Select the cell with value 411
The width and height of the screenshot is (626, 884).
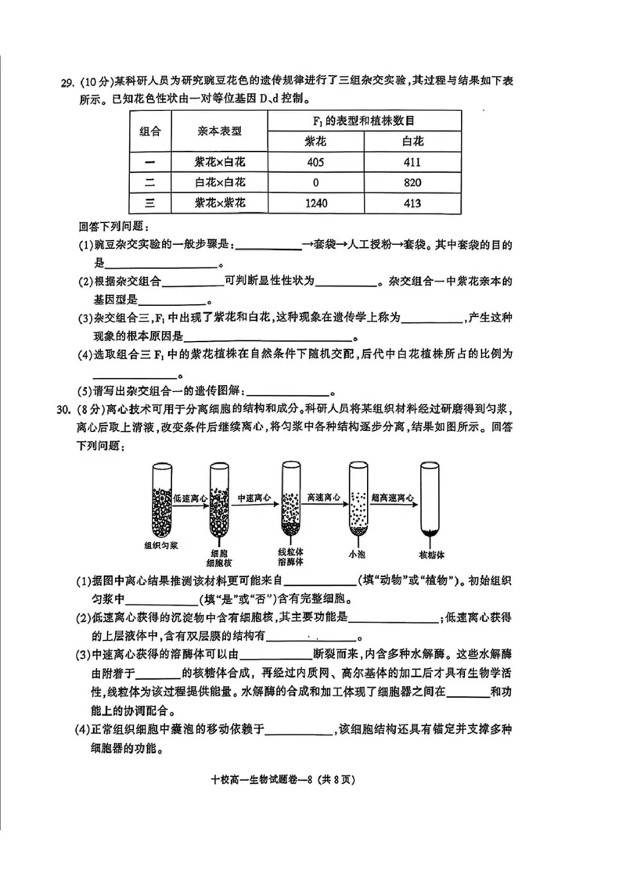coord(412,163)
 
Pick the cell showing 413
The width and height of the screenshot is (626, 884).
coord(412,203)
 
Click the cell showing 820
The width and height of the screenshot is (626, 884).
coord(412,183)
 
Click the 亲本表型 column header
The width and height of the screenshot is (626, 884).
coord(219,131)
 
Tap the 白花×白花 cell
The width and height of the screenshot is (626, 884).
coord(219,183)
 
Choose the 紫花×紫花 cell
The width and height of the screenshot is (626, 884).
coord(219,203)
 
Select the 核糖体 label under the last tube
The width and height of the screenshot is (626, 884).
coord(431,555)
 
